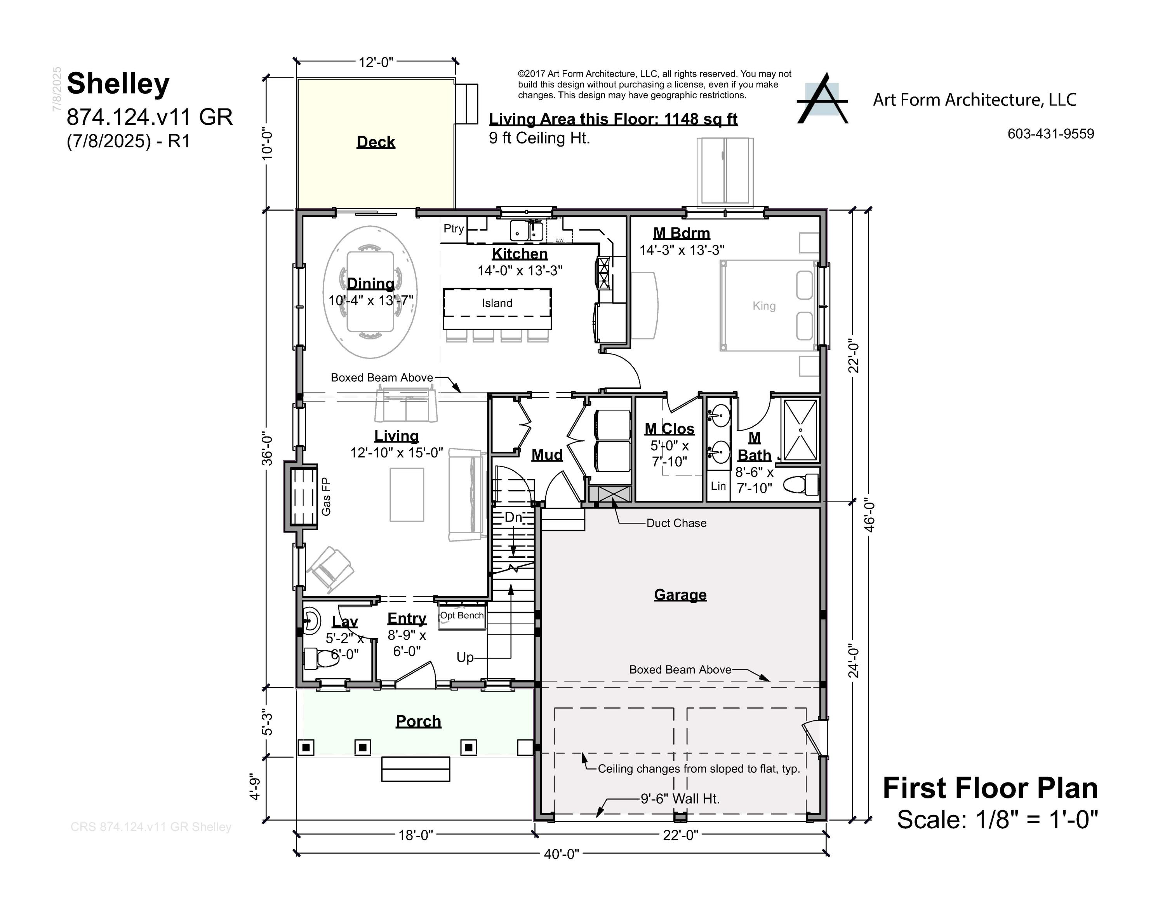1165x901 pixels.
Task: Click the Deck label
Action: pos(376,142)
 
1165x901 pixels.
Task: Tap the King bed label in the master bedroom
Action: pos(764,306)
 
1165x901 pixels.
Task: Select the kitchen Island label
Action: pos(497,303)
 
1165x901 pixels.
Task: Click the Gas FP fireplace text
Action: pos(326,496)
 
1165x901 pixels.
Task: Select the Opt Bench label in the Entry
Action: pos(461,615)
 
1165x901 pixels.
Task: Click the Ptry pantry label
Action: pos(454,229)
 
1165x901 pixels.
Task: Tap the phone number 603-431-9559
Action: pos(1050,134)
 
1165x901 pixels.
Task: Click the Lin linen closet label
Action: pos(718,486)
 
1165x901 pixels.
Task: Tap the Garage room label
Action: pos(680,595)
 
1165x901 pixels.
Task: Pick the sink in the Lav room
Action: pos(311,620)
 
